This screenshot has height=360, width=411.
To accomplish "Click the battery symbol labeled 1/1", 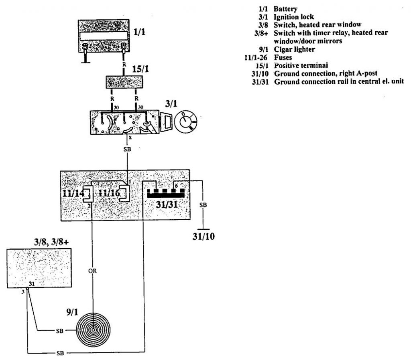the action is pos(104,36).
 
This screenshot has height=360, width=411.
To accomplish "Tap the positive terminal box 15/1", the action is pos(124,82).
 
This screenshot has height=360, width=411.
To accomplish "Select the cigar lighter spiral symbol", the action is pos(93,330).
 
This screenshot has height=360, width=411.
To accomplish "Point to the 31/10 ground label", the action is pos(203,237).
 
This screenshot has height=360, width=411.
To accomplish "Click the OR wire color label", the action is pos(92,271).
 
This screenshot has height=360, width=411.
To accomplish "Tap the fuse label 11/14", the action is pos(73,193).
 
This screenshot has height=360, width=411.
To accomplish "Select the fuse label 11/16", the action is pos(109,193).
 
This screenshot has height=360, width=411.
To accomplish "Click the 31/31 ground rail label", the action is pos(167,204).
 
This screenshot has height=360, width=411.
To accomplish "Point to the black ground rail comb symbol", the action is pos(166,193).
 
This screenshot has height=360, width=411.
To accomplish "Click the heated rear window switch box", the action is pos(39,268).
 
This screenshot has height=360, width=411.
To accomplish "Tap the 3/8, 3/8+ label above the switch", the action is pos(51,242).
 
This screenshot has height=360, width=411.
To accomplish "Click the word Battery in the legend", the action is pos(285,9).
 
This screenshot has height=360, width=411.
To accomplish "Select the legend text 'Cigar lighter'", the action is pos(294,49).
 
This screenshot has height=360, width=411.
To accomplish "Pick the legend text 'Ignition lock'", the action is pos(293,17).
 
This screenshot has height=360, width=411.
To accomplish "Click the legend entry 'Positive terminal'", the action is pos(301,65).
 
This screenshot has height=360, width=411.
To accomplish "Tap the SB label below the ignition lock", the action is pos(127,149).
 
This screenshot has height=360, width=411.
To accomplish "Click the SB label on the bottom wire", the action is pos(60,353).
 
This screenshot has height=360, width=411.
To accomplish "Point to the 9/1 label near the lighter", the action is pos(72,312).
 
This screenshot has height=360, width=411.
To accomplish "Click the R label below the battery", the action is pos(124,64).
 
